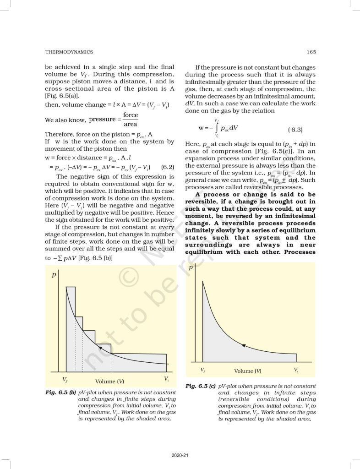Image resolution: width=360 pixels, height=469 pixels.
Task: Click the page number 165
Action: pos(311,52)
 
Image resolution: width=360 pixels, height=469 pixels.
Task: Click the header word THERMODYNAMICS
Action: pos(69,52)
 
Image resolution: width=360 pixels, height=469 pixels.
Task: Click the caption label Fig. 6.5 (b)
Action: pos(61,393)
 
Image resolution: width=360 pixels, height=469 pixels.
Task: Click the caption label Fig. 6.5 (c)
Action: pos(201,387)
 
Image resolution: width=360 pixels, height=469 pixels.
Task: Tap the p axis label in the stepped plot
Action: pos(54,275)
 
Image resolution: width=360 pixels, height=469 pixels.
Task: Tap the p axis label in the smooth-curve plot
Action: pos(191,269)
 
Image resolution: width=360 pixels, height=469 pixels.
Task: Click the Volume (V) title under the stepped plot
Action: pos(109,381)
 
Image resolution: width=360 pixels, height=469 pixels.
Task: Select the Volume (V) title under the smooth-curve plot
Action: pos(248,371)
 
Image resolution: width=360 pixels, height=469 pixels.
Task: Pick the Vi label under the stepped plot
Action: pos(166,379)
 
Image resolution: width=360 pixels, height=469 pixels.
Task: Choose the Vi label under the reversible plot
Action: pos(296,369)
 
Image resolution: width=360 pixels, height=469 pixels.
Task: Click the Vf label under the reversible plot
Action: pos(203,369)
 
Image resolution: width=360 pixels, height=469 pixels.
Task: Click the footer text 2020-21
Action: pos(180,456)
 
